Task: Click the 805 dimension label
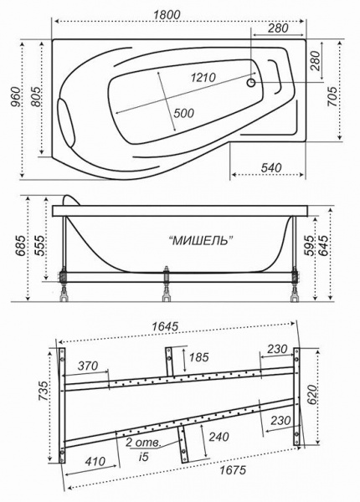34,100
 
